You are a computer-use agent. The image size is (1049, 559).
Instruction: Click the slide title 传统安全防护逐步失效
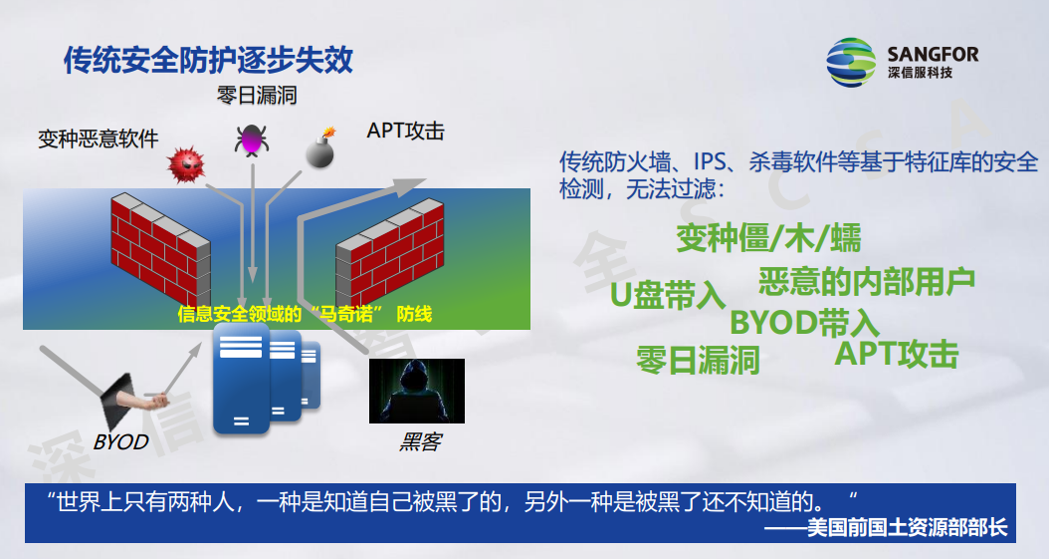click(x=208, y=60)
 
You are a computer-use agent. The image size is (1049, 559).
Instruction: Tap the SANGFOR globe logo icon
click(x=850, y=62)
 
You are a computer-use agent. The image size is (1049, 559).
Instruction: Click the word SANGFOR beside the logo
click(x=933, y=54)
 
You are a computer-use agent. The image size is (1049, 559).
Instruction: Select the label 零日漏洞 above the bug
click(x=257, y=95)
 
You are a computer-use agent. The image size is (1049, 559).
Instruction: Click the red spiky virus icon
click(x=186, y=164)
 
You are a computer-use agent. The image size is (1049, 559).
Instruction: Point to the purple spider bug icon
click(x=252, y=140)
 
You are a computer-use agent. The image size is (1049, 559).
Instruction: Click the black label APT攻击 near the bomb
click(x=405, y=131)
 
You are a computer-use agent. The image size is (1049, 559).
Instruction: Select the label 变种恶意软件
click(x=99, y=139)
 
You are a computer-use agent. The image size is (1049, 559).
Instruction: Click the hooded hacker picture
click(x=417, y=391)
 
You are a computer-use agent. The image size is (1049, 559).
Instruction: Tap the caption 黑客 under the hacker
click(x=420, y=441)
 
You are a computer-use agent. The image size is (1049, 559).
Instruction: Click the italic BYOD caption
click(x=120, y=441)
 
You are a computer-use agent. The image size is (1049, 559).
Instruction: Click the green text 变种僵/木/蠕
click(x=768, y=238)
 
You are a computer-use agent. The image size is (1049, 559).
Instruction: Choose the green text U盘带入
click(x=668, y=295)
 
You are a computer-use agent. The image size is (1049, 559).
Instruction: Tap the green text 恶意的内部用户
click(x=866, y=281)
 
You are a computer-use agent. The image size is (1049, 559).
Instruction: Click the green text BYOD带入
click(x=804, y=323)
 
